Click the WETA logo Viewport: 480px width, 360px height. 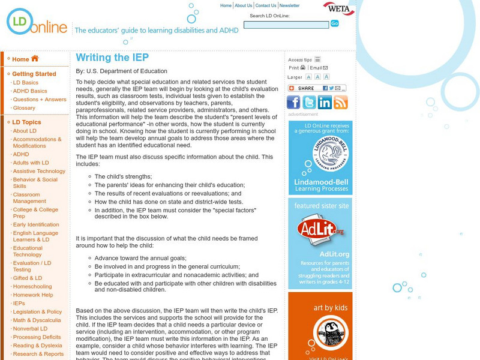(x=338, y=9)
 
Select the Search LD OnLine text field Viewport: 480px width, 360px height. (x=286, y=25)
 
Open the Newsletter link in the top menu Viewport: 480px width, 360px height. (x=289, y=5)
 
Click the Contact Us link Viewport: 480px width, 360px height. (x=266, y=5)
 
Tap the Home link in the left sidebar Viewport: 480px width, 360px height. (x=25, y=59)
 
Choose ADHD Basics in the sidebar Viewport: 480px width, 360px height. (x=30, y=91)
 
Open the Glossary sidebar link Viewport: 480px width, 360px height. (x=24, y=108)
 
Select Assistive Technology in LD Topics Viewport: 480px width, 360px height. (x=39, y=171)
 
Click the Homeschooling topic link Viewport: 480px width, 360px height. (x=32, y=286)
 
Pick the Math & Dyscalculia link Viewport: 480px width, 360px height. (x=37, y=320)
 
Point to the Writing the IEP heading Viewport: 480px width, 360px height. (x=112, y=58)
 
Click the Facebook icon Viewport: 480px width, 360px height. (x=294, y=103)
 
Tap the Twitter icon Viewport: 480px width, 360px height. (x=310, y=103)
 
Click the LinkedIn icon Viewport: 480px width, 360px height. (x=325, y=103)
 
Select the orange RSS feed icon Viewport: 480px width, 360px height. (x=341, y=103)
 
